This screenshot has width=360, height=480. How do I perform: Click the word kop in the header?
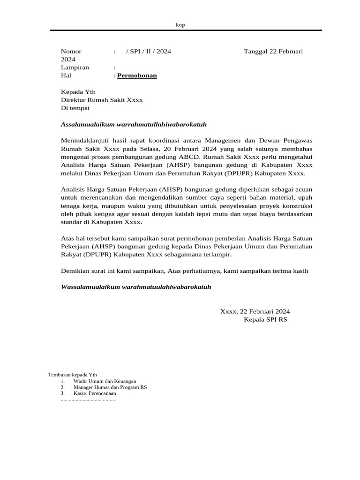point(180,25)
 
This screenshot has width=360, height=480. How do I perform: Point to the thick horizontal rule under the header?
point(186,30)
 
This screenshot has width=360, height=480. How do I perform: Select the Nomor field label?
point(71,52)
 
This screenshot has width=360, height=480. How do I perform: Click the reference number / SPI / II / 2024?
point(149,52)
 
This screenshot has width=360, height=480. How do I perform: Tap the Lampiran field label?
point(75,67)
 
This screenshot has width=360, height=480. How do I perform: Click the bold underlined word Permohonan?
point(137,75)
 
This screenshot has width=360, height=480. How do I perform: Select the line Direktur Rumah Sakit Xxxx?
point(102,100)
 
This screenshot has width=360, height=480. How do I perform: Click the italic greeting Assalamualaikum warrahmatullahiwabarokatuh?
point(134,124)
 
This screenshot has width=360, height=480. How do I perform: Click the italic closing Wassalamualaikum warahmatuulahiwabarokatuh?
point(136,286)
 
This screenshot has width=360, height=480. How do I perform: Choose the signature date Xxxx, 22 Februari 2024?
point(255,311)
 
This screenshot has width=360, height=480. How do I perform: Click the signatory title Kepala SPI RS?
point(265,319)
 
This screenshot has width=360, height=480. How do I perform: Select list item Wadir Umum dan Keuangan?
point(105,382)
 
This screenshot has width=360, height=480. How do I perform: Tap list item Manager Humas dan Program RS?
point(110,388)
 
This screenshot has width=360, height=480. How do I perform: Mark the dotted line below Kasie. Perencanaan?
point(88,400)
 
